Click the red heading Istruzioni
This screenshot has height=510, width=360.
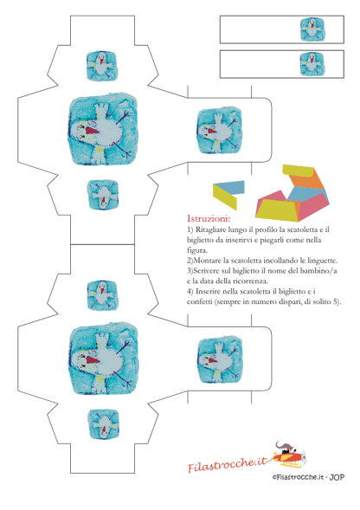(209, 218)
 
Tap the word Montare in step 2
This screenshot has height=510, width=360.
(208, 261)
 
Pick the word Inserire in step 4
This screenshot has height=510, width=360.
(209, 292)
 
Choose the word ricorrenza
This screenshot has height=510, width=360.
(252, 281)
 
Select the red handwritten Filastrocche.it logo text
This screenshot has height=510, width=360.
(228, 463)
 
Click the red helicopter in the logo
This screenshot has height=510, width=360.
(288, 456)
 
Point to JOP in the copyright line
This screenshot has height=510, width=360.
(337, 477)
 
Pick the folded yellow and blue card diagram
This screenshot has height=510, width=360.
(228, 195)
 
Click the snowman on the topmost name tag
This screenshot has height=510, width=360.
(312, 29)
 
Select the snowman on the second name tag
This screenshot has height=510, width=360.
(312, 64)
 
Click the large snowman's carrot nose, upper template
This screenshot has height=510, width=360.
(93, 131)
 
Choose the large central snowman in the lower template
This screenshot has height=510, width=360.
(104, 359)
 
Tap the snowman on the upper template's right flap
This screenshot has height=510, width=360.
(220, 131)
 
